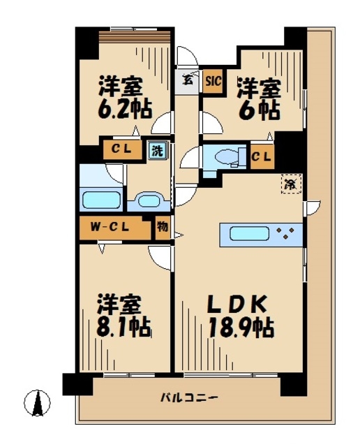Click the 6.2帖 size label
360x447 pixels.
click(x=120, y=109)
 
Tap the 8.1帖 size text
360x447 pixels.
click(x=120, y=325)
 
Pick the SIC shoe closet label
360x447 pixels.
click(x=213, y=80)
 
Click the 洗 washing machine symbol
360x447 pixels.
click(x=158, y=149)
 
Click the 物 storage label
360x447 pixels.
click(x=162, y=228)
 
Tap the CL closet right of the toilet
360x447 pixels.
click(x=262, y=156)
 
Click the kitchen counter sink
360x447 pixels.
click(x=246, y=234)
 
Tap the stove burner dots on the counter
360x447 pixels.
click(x=286, y=234)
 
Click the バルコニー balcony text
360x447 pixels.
click(x=189, y=399)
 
